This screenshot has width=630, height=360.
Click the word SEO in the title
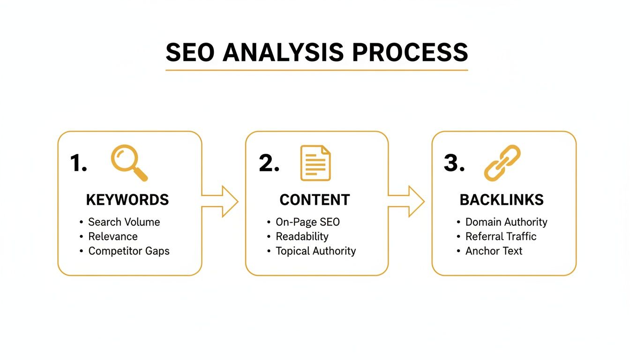coord(190,52)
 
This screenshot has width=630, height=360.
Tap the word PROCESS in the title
coord(410,52)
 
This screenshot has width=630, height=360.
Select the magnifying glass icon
coord(128,162)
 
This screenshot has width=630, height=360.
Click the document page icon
coord(315,163)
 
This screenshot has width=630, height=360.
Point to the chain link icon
coord(502,163)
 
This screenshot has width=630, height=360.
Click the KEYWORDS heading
coord(127,200)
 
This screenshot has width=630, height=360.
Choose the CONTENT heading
coord(315,200)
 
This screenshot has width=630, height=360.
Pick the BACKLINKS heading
coord(502,200)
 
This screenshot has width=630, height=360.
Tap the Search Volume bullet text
coord(124,222)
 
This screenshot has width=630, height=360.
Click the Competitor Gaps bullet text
coord(129,251)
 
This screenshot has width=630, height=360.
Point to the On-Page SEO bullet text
coord(307,222)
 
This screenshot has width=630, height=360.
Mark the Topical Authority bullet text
coord(315,251)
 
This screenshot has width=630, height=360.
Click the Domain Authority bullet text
coord(506,222)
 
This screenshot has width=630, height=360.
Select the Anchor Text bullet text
coord(494,251)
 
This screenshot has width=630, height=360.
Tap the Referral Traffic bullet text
coord(501,236)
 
